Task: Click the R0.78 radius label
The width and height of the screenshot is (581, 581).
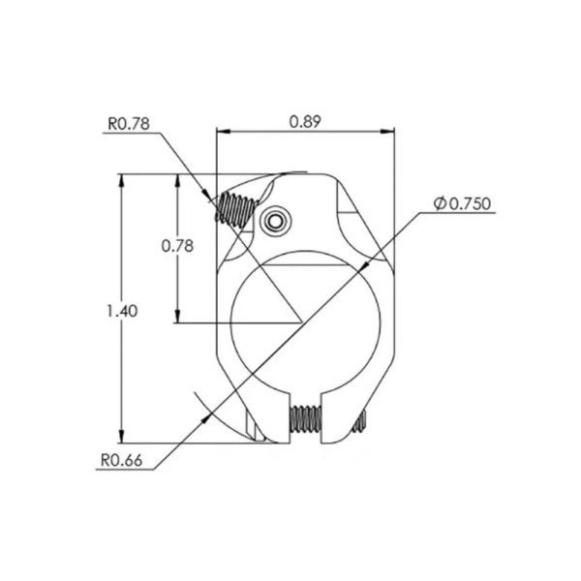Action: point(129,124)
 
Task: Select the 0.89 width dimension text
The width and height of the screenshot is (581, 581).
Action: point(305,122)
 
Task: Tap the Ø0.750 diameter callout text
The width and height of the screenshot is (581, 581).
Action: point(463,203)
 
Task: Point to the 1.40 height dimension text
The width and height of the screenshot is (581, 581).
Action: point(122,311)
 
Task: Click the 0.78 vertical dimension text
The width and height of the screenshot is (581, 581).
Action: point(177,246)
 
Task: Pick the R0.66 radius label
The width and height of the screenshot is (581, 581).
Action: point(122,461)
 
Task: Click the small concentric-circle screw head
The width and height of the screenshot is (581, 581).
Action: point(275,222)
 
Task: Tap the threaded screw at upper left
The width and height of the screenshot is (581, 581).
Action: point(236,209)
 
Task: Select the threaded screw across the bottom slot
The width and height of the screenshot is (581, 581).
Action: point(306,419)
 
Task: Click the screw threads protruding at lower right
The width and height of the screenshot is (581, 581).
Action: point(360,421)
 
